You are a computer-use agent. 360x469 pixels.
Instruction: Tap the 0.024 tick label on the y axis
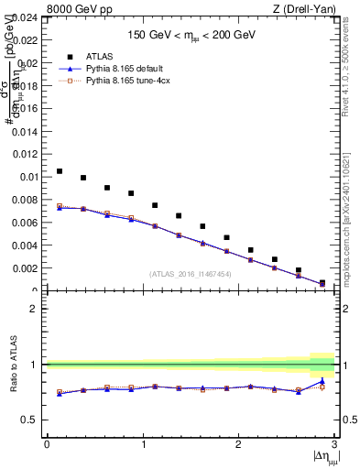[24, 17]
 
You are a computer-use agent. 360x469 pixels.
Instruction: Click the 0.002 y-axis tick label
[24, 268]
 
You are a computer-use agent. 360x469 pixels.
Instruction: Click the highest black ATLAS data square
[60, 171]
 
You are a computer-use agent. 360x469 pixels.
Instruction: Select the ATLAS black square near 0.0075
[155, 205]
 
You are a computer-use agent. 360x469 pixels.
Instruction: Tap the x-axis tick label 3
[334, 444]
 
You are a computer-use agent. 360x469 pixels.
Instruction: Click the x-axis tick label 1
[143, 444]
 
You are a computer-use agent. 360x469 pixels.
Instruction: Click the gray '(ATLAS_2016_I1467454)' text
[191, 274]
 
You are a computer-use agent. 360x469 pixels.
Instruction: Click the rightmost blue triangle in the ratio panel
[322, 381]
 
